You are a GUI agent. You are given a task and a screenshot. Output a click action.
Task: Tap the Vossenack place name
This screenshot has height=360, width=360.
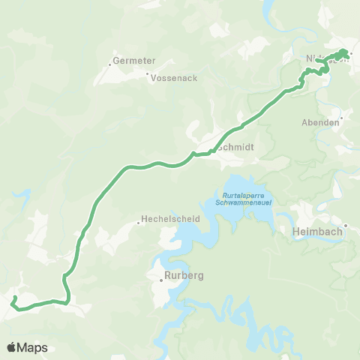point(174,76)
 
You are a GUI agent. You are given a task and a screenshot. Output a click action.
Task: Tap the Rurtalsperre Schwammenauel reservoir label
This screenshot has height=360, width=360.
point(247,199)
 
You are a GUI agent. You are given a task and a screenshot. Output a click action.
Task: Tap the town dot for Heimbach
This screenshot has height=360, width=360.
point(346,226)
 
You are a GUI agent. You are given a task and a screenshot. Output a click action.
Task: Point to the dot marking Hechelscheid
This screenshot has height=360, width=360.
point(139,221)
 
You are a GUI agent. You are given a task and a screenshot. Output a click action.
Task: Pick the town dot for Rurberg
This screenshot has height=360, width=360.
point(161,282)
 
